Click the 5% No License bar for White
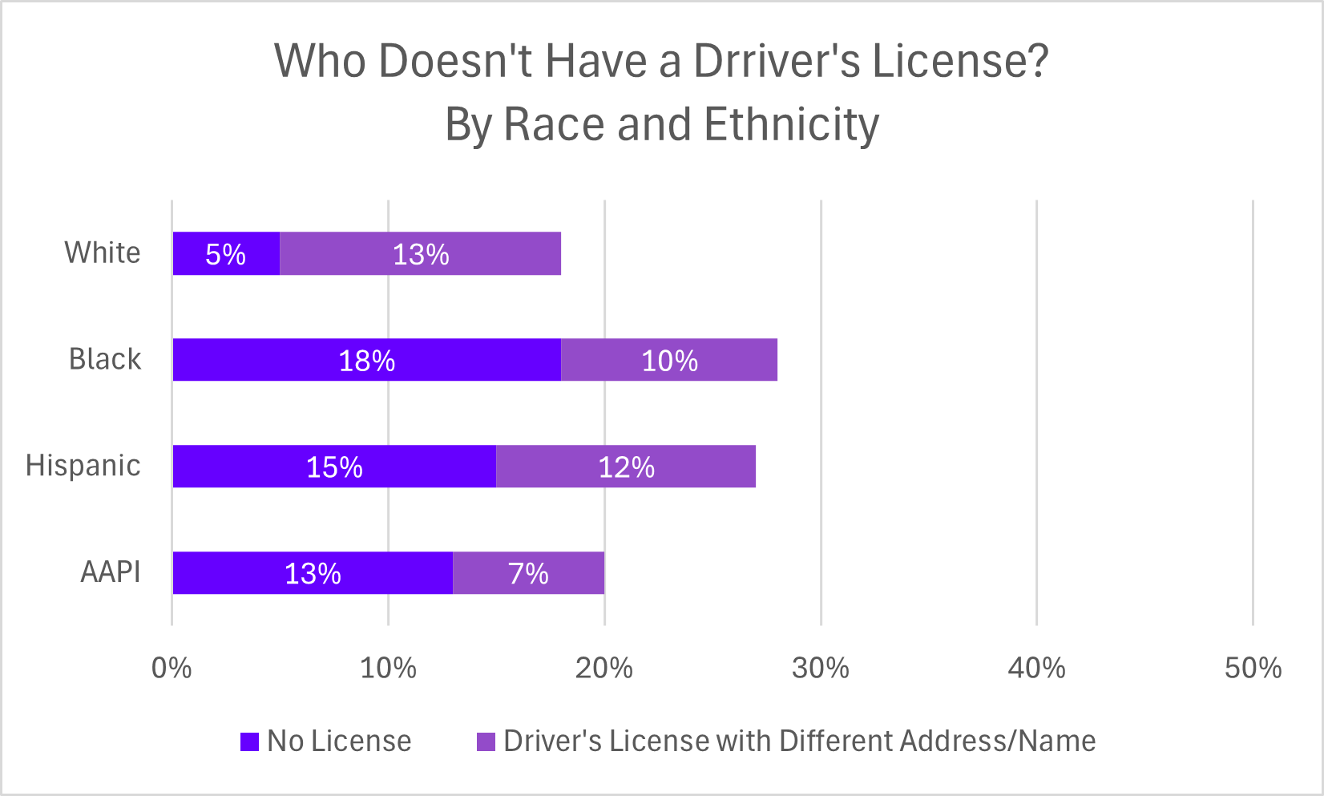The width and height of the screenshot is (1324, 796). pyautogui.click(x=226, y=253)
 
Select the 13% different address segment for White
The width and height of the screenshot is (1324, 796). pyautogui.click(x=420, y=253)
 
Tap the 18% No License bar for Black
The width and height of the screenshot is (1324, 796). pyautogui.click(x=367, y=360)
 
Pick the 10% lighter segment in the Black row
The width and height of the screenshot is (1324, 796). pyautogui.click(x=669, y=360)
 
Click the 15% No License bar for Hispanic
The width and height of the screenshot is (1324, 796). pyautogui.click(x=334, y=467)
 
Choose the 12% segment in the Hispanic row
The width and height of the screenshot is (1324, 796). pyautogui.click(x=626, y=467)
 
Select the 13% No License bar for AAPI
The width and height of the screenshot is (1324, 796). pyautogui.click(x=313, y=573)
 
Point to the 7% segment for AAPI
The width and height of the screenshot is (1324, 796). pyautogui.click(x=528, y=573)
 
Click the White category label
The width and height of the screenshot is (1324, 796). pyautogui.click(x=103, y=253)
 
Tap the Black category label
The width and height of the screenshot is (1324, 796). pyautogui.click(x=105, y=359)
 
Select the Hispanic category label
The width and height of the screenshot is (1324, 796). pyautogui.click(x=83, y=466)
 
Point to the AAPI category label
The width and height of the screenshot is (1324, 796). pyautogui.click(x=111, y=572)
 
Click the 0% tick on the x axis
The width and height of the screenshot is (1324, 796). pyautogui.click(x=172, y=668)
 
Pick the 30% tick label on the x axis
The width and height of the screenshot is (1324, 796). pyautogui.click(x=820, y=668)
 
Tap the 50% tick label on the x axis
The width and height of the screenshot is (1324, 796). pyautogui.click(x=1253, y=668)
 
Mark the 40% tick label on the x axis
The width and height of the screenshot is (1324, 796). pyautogui.click(x=1036, y=668)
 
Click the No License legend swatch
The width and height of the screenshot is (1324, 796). pyautogui.click(x=250, y=741)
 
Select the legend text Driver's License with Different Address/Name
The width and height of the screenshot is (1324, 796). pyautogui.click(x=799, y=741)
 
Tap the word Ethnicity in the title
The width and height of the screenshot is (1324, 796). pyautogui.click(x=792, y=125)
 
